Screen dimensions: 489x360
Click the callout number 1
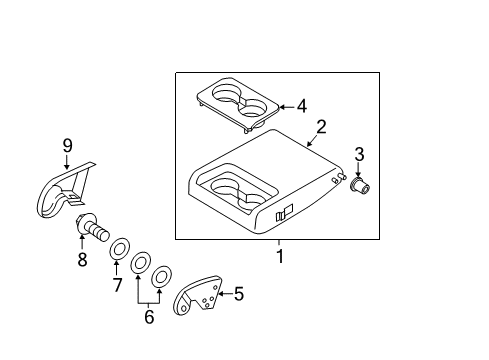point(280,256)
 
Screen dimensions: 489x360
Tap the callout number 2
point(321,127)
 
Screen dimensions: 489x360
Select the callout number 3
point(359,154)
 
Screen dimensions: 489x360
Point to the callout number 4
point(302,106)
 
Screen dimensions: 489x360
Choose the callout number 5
point(239,294)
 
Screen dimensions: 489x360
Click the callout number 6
point(149,316)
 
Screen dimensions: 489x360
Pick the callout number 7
point(117,285)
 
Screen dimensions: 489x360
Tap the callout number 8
point(82,259)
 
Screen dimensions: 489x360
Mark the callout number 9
point(67,146)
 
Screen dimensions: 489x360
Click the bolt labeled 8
point(92,227)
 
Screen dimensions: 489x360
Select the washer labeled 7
point(120,248)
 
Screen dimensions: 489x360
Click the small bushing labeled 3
point(359,185)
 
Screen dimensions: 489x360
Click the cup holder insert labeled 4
point(237,104)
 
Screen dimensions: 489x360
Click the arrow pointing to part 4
point(287,107)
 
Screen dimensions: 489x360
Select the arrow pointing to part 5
point(225,294)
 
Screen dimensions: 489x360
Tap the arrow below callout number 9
point(67,162)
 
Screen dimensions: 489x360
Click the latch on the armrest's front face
point(284,212)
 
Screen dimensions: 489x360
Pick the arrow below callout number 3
point(358,170)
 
